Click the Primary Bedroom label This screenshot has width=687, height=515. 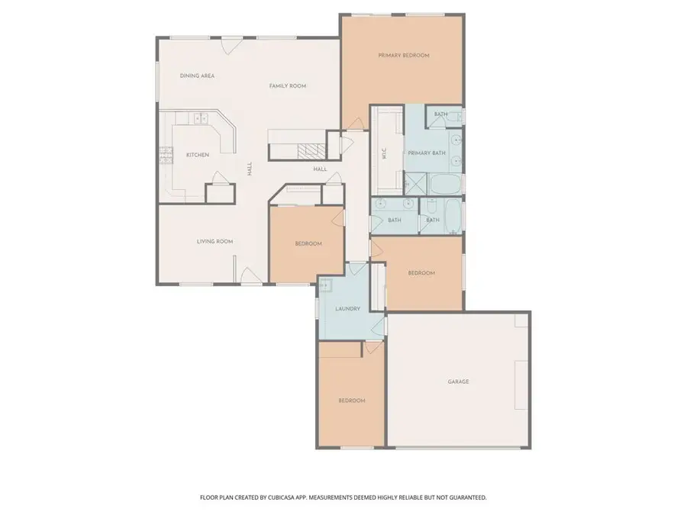(404, 55)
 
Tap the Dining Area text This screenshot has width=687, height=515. (196, 76)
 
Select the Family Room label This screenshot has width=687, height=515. (287, 86)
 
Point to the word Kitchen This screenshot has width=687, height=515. (197, 155)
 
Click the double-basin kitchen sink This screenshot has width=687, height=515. (201, 118)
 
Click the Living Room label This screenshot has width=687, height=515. (214, 241)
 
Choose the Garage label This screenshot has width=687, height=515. (458, 381)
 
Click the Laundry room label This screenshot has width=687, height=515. (347, 308)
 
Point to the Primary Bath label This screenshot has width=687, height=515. (426, 153)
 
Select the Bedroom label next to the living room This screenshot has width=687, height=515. (308, 243)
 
